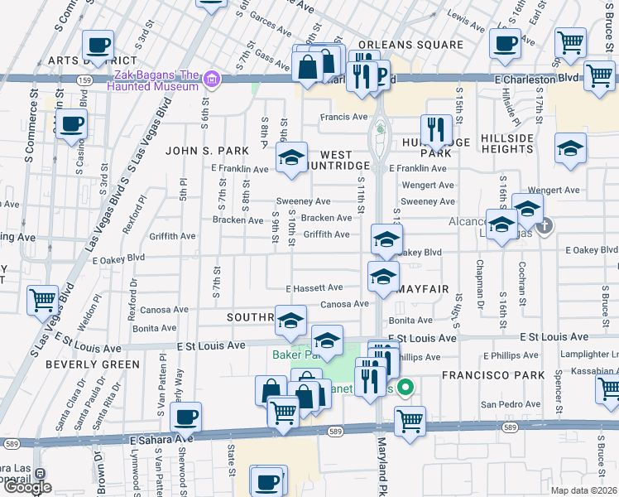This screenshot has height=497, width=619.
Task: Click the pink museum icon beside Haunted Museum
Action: (212, 80)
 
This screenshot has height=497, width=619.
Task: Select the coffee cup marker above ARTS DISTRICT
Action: (98, 45)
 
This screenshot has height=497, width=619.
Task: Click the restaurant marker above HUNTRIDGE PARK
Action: (436, 129)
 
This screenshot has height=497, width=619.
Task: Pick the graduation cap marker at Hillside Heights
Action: (570, 148)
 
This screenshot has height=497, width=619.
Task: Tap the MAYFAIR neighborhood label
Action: (422, 289)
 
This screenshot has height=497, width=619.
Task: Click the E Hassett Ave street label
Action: (314, 288)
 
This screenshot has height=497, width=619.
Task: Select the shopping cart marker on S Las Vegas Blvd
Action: (42, 300)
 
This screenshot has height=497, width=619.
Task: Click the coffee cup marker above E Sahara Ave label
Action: (186, 417)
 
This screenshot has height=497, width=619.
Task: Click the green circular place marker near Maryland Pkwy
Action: (405, 387)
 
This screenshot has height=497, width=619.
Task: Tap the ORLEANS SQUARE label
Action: (410, 45)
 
